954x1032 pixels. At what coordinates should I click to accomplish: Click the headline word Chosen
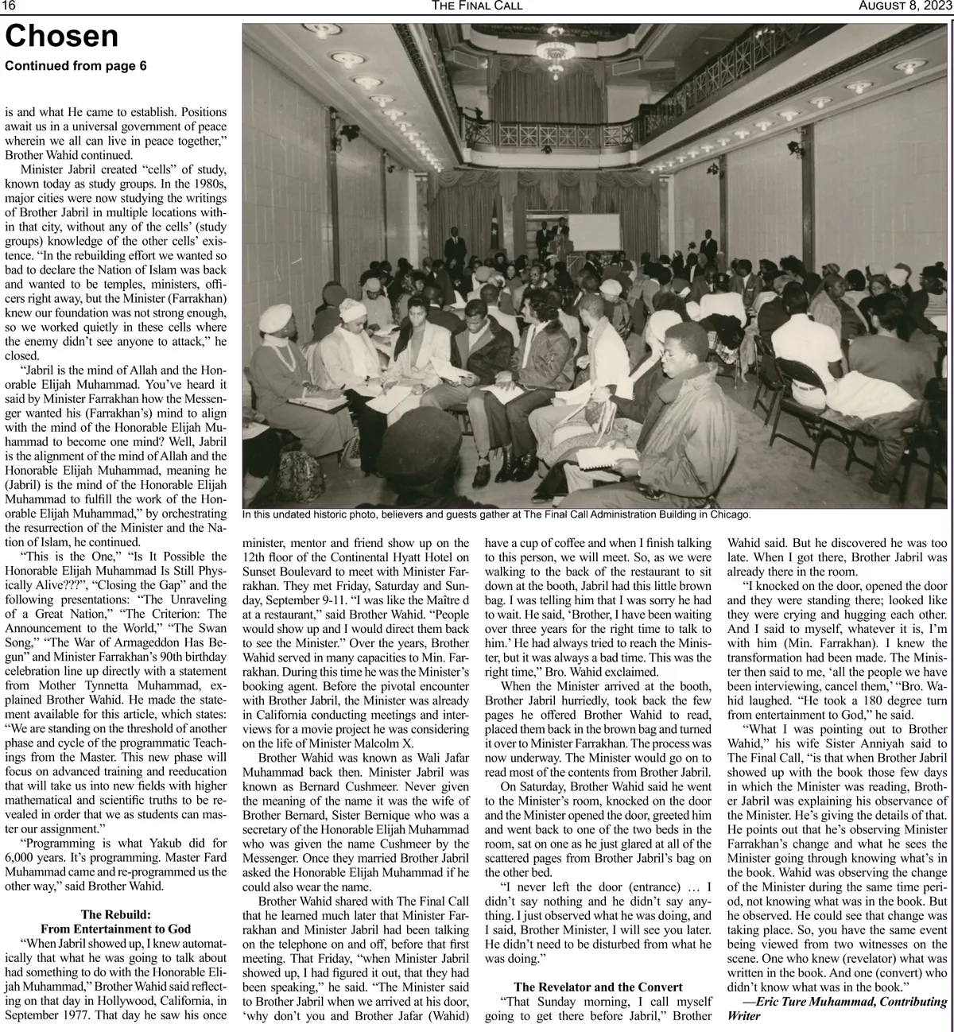[62, 37]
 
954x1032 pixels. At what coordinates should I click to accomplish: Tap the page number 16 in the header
[10, 6]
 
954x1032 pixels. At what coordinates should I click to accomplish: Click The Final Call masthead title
[477, 6]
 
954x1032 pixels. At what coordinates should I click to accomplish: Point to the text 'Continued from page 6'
[76, 66]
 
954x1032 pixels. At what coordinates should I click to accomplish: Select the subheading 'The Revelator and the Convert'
[598, 987]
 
